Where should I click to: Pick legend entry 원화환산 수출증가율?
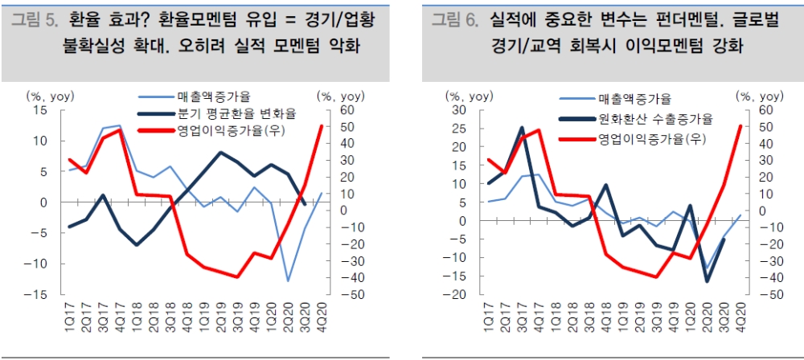(655, 119)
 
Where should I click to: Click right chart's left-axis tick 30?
(456, 110)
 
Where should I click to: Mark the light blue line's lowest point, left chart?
(288, 280)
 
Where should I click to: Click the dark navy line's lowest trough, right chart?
(708, 281)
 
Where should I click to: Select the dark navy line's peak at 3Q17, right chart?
(522, 128)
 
